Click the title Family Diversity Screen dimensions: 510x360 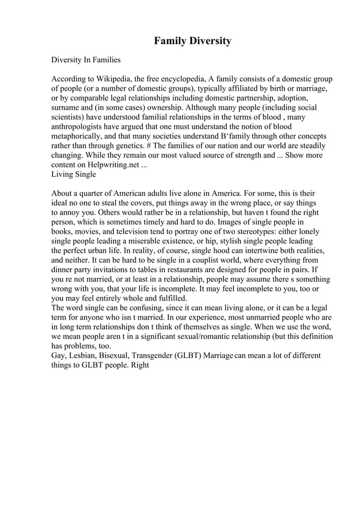tap(192, 41)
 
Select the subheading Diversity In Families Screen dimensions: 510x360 tap(86, 59)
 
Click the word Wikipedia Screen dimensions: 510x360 tap(113, 79)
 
